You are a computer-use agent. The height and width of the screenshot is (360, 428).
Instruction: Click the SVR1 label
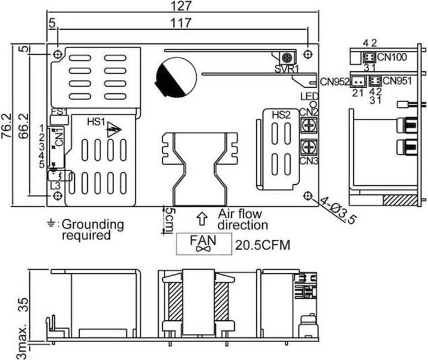pyautogui.click(x=287, y=69)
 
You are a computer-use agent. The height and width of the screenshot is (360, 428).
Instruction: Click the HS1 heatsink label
pyautogui.click(x=96, y=122)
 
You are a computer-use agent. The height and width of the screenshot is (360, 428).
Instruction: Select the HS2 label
pyautogui.click(x=281, y=115)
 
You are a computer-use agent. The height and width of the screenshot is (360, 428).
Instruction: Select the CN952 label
pyautogui.click(x=334, y=81)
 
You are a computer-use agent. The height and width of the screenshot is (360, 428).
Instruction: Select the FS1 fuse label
pyautogui.click(x=59, y=111)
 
